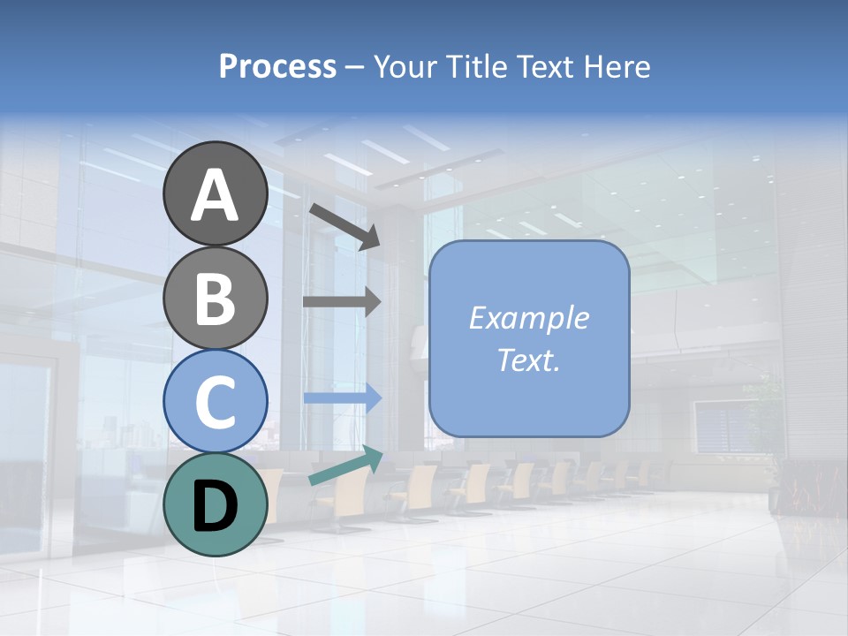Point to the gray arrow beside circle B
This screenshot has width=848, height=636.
pyautogui.click(x=342, y=301)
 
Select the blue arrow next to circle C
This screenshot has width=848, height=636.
pyautogui.click(x=342, y=398)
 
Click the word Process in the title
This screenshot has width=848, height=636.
pyautogui.click(x=277, y=67)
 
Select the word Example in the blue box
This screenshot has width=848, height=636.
pyautogui.click(x=529, y=318)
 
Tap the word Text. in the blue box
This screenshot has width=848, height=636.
pyautogui.click(x=529, y=360)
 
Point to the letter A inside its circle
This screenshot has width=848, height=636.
pyautogui.click(x=215, y=196)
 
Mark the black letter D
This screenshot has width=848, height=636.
pyautogui.click(x=215, y=506)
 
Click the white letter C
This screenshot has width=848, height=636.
pyautogui.click(x=215, y=402)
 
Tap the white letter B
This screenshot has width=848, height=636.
pyautogui.click(x=215, y=299)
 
